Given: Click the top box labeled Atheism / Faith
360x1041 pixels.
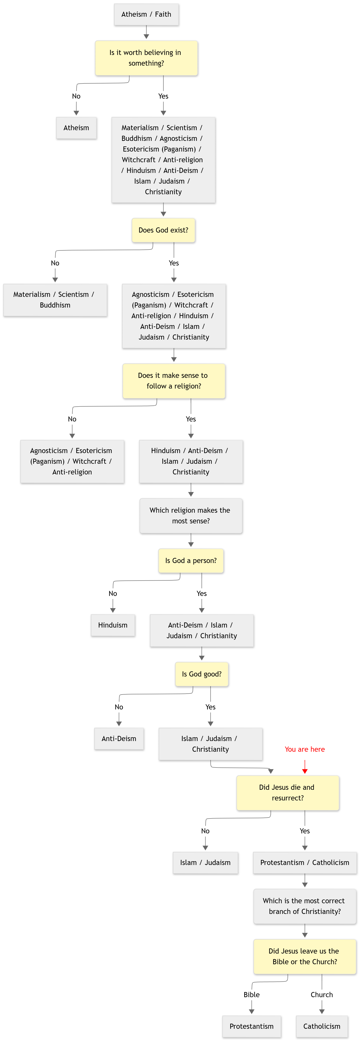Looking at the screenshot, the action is [146, 14].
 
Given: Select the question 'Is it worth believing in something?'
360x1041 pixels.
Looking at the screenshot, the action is [146, 58].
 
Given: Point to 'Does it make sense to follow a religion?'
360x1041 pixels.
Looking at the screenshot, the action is [174, 381].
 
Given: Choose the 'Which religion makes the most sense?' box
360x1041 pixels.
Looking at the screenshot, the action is [191, 516].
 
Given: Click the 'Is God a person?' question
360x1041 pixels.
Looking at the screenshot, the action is [191, 561].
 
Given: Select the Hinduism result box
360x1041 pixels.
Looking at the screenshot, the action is [113, 625].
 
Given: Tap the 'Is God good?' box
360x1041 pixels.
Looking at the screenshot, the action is [202, 674].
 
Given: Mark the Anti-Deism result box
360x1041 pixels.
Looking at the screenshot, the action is [119, 739].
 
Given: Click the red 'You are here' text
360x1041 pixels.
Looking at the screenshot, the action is [305, 749].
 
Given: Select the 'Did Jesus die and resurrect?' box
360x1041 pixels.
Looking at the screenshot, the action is [288, 792].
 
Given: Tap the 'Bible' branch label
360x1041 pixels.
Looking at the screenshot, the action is [252, 994].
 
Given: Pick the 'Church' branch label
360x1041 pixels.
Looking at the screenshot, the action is [322, 994].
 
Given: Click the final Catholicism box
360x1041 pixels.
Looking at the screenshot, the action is [322, 1027].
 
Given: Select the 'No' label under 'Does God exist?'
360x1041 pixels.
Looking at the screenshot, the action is [55, 263].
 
